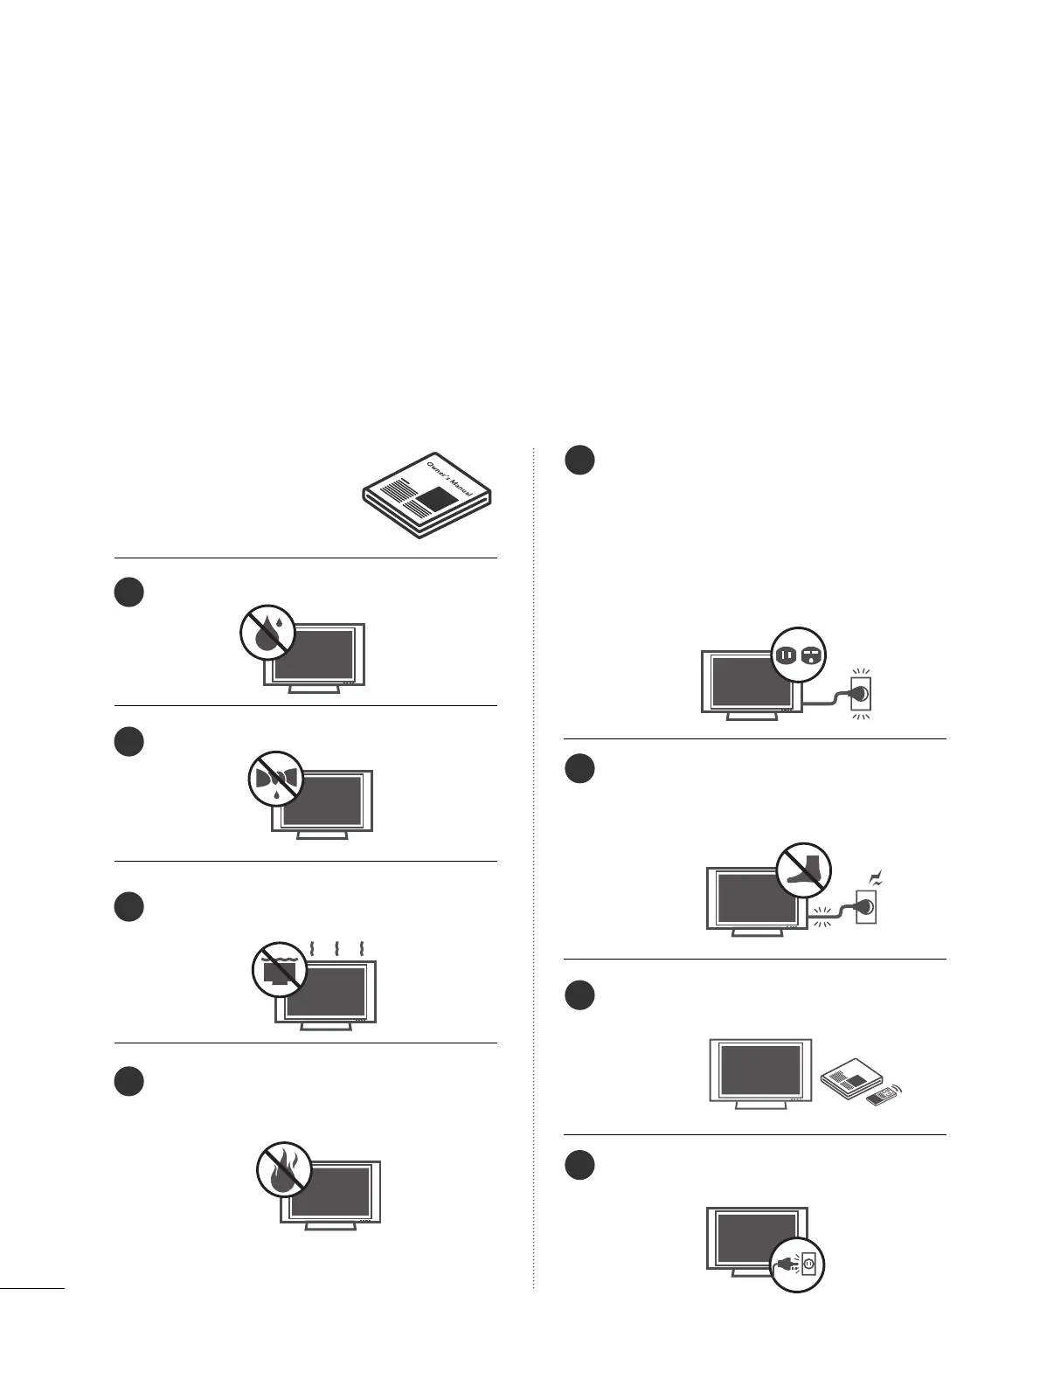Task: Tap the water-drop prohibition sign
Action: [267, 632]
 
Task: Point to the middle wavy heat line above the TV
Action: [336, 950]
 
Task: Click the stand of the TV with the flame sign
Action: [330, 1225]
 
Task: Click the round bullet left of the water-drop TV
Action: [129, 592]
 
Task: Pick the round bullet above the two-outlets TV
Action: [579, 461]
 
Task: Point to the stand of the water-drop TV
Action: [315, 689]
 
